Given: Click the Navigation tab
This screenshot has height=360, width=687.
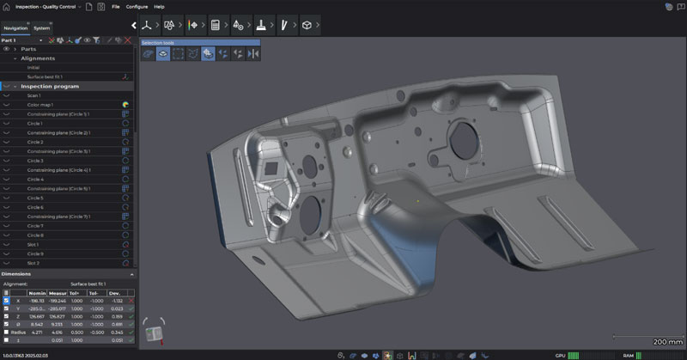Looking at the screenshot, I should pos(16,28).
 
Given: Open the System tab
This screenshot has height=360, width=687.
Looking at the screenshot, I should pos(42,28).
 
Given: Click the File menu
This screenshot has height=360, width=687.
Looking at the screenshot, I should pos(116,6).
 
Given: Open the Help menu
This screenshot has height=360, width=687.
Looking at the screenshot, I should pos(160,6).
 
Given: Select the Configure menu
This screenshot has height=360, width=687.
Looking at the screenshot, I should pos(137,6).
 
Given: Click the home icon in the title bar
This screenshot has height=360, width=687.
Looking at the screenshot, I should pos(7,6).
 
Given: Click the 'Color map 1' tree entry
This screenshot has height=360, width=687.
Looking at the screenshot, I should pos(40,105).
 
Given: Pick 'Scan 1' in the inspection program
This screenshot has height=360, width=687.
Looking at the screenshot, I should pos(34,95).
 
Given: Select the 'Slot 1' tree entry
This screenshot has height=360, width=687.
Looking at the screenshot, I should pos(34,244).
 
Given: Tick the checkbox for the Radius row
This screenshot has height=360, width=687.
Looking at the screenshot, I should pos(7,331).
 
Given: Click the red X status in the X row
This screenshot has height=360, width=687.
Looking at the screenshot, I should pos(131,301).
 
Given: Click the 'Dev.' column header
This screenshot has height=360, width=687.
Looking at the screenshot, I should pos(117,292).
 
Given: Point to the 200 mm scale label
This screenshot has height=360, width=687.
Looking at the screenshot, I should pos(667,341).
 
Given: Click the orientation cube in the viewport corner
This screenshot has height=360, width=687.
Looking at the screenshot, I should pos(155,332).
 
